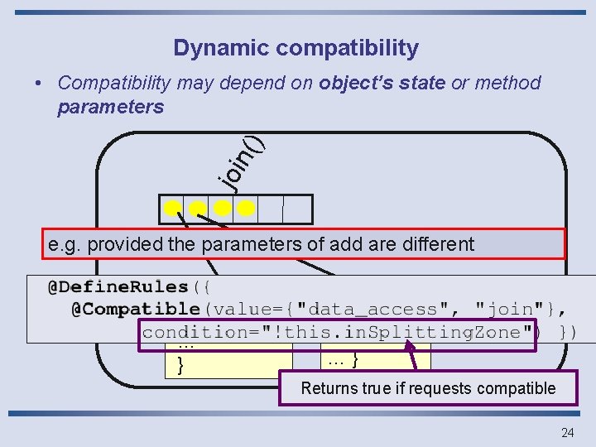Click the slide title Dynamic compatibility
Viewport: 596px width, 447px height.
pos(296,48)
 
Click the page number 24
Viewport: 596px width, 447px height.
pos(567,432)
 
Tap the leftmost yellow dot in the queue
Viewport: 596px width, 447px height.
pos(172,209)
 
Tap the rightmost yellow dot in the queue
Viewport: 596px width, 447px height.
pos(245,209)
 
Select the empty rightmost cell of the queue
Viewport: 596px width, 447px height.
pos(297,209)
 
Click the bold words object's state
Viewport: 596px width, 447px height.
pos(382,83)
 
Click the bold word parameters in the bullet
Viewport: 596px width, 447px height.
pos(110,108)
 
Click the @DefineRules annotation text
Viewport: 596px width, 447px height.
pos(118,287)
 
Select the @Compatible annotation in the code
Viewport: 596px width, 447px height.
pos(135,310)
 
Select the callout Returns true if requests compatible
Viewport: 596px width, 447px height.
pos(428,387)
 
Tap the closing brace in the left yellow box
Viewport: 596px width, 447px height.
pos(180,365)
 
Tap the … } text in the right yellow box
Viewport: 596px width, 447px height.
pos(343,360)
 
